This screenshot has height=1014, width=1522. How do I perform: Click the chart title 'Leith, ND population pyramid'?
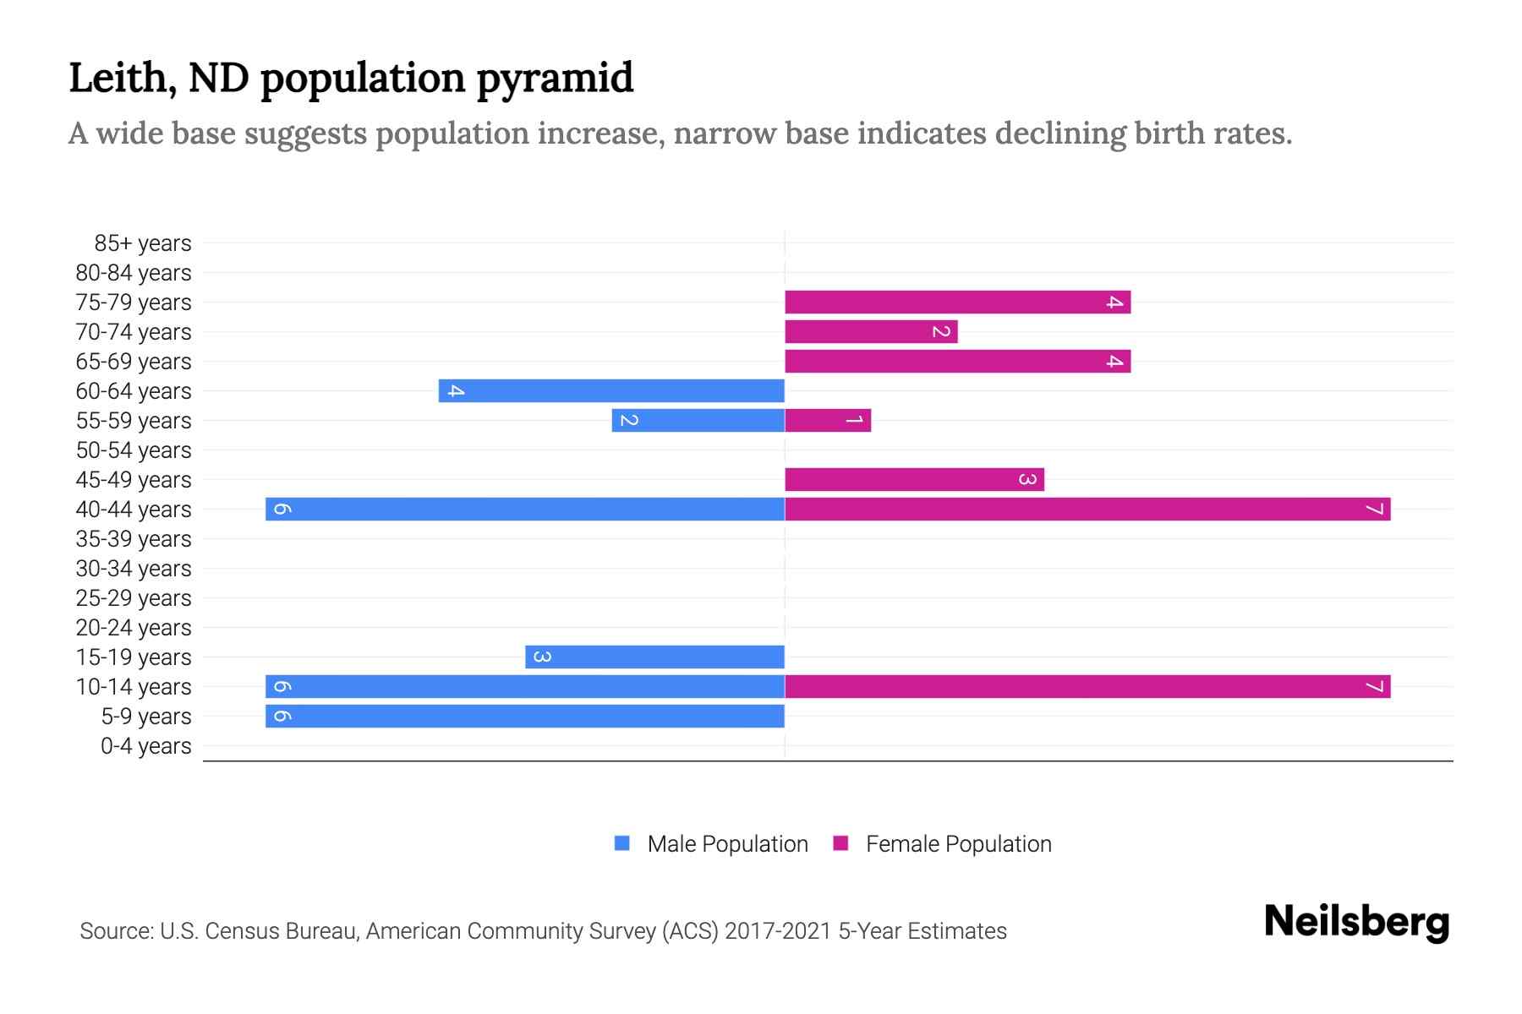(x=351, y=78)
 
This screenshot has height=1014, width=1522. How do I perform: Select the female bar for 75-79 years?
(x=957, y=302)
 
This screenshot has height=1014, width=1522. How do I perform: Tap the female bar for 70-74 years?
(x=871, y=331)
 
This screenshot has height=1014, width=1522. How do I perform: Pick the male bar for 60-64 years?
(x=611, y=390)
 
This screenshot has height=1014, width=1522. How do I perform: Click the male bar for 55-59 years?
(x=698, y=420)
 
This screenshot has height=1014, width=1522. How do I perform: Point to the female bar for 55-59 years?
(x=828, y=420)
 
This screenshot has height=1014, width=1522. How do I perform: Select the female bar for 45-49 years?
(x=914, y=479)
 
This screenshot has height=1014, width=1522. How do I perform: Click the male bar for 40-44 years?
(x=524, y=509)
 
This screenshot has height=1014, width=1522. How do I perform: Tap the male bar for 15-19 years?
(x=654, y=657)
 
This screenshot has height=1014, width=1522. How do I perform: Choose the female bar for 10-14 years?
(x=1087, y=686)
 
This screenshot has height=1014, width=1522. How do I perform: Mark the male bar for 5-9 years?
(x=524, y=716)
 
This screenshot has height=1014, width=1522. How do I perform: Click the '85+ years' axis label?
(x=143, y=243)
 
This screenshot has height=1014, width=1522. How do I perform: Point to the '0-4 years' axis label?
(x=145, y=746)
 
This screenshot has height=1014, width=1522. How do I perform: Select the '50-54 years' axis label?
(x=134, y=450)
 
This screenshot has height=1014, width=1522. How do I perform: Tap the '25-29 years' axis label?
(x=134, y=598)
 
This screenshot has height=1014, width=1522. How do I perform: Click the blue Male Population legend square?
(x=622, y=843)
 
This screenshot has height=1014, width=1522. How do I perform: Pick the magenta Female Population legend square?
(x=840, y=843)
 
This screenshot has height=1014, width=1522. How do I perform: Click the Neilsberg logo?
(x=1356, y=922)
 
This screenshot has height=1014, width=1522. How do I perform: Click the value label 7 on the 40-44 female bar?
(x=1375, y=509)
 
